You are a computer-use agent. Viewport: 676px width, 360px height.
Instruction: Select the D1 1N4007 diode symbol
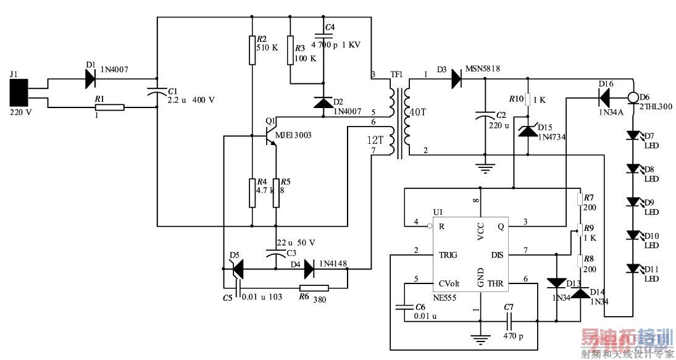click(91, 78)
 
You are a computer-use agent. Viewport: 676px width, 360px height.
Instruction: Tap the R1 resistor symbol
click(109, 107)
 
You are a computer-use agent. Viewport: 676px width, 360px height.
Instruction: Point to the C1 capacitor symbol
click(157, 92)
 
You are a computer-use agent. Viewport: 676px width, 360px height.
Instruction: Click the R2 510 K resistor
click(252, 50)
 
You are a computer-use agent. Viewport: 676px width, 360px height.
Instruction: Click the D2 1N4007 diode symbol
click(323, 103)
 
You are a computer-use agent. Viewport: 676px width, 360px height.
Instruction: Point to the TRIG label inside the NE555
click(448, 254)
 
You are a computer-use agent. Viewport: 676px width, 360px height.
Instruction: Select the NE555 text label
click(447, 297)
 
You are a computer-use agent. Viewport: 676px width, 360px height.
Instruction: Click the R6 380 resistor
click(314, 287)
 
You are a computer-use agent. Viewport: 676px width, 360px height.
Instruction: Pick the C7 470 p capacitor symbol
click(509, 320)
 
